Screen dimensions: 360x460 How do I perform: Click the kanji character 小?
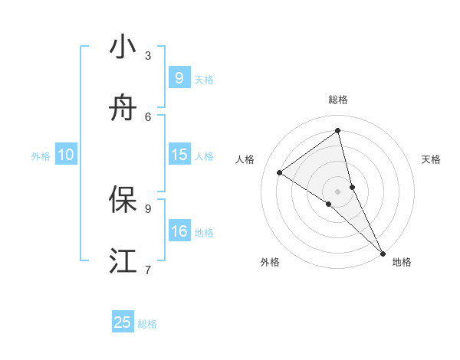123,47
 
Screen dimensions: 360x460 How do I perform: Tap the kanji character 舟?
123,110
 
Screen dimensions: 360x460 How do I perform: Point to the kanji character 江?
123,261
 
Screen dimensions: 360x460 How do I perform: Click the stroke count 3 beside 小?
148,55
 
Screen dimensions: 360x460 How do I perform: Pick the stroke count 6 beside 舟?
148,116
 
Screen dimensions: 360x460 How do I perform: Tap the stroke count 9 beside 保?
148,208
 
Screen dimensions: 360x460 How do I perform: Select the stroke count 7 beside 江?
148,269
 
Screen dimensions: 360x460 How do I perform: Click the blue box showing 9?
179,78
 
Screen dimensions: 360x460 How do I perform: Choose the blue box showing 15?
179,155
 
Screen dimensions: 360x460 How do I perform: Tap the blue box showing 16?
179,231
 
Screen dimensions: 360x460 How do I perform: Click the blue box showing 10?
66,155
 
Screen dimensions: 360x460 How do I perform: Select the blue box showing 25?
123,322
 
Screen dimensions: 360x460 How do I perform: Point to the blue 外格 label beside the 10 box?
41,156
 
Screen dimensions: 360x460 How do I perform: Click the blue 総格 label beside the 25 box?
147,324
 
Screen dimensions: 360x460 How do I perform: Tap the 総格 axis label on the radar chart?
338,100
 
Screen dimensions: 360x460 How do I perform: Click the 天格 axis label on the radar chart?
431,159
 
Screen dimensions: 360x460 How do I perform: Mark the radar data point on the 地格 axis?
383,252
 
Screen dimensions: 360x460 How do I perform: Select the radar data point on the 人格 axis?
280,172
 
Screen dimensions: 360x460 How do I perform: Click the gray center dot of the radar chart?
338,191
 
